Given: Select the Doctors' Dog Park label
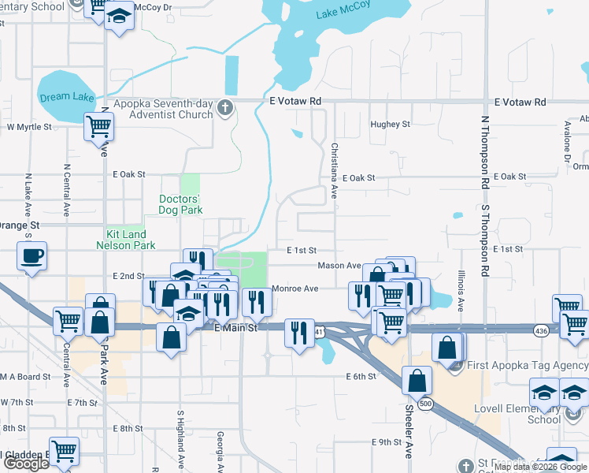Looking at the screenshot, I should point(180,204).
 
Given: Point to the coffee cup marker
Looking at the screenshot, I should point(31,256).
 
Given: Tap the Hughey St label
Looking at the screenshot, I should point(391,125).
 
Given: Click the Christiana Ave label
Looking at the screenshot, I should point(334,170).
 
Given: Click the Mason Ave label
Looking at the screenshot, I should point(339,266).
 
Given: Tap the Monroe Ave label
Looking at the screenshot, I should point(294,289).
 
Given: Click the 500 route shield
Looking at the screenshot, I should point(426,404).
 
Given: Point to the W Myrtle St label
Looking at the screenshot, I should point(29,126).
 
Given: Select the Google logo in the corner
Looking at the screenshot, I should point(27,464).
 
